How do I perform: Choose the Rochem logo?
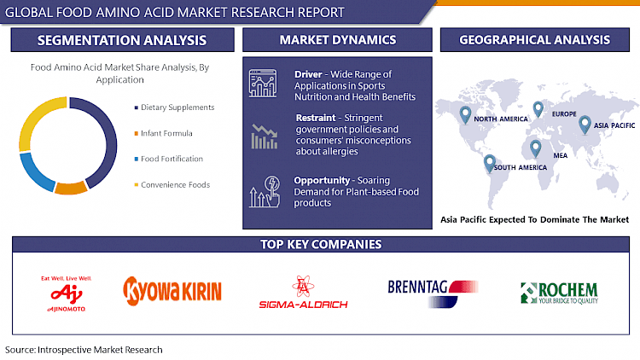click(x=561, y=292)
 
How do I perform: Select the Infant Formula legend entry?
click(x=166, y=133)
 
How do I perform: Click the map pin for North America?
click(x=465, y=113)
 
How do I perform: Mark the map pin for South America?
click(x=489, y=161)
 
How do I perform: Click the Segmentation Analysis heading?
click(x=121, y=40)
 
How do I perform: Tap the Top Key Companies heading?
click(x=320, y=245)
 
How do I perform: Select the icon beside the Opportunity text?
click(x=265, y=191)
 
